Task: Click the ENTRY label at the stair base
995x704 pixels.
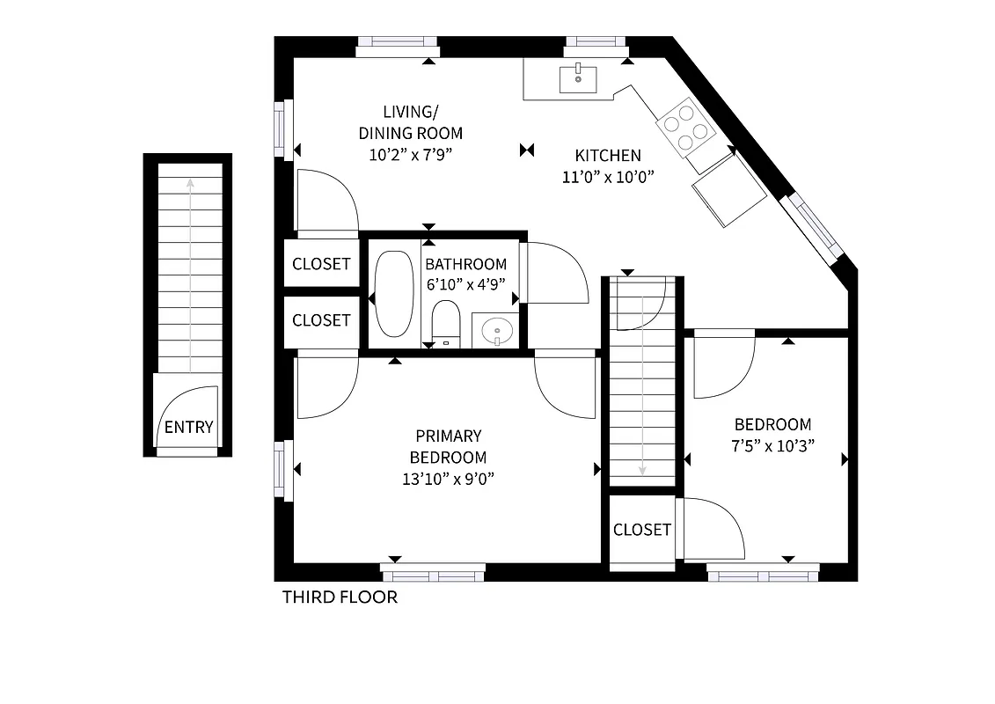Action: coord(188,428)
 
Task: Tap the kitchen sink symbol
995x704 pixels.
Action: coord(578,78)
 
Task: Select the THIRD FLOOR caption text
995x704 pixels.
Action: coord(340,598)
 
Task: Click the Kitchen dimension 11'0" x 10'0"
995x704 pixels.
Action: coord(609,176)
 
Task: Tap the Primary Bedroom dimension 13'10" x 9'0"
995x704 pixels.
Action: coord(448,480)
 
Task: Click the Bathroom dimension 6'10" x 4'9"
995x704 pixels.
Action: coord(465,285)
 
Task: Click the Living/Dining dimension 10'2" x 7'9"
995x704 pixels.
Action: coord(410,156)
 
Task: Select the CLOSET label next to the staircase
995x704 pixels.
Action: coord(642,530)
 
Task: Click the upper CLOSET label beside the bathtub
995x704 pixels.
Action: coord(321,264)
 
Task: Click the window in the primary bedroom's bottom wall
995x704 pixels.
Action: coord(433,572)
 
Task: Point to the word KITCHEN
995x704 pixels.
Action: coord(608,156)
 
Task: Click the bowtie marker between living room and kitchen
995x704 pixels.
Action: coord(527,150)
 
